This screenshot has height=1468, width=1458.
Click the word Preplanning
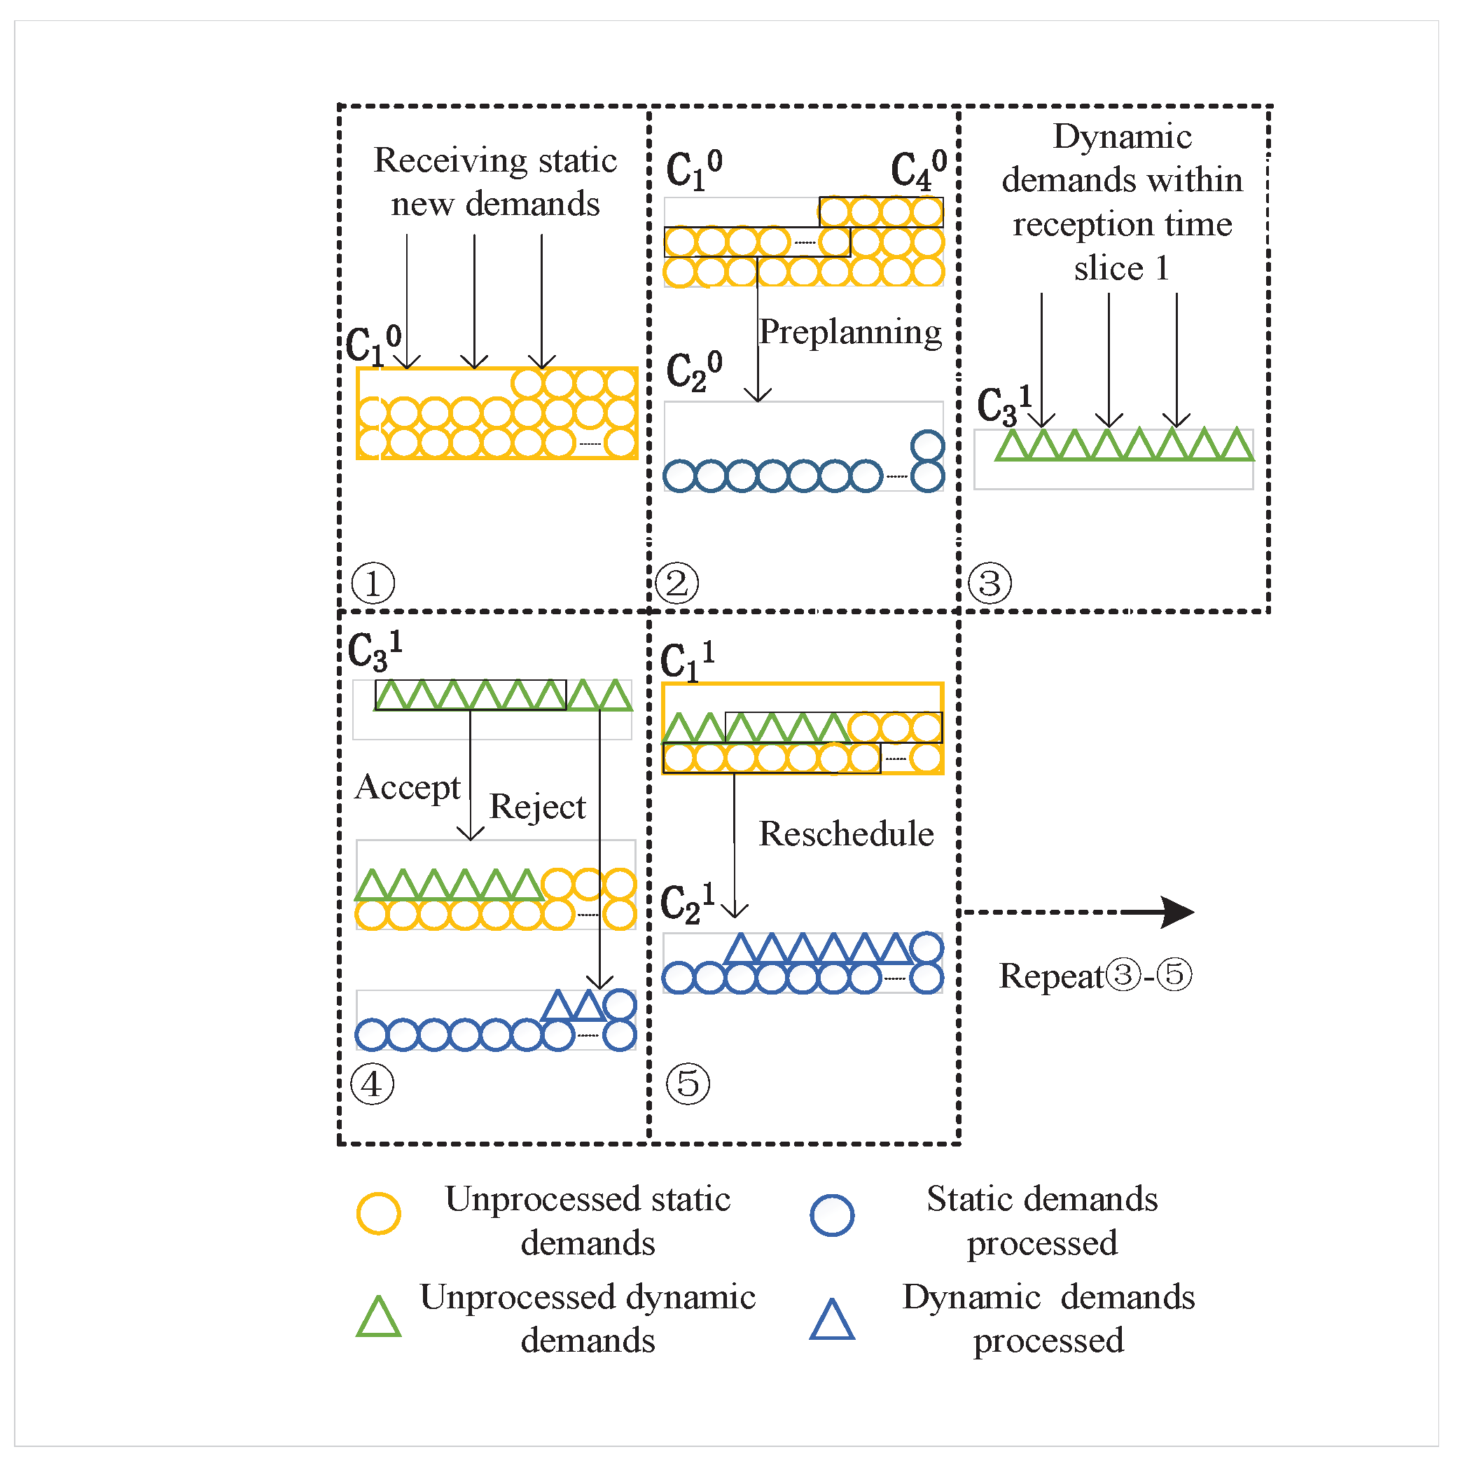(849, 332)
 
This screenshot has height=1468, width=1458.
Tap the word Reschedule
(846, 834)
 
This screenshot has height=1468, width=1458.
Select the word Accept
(408, 788)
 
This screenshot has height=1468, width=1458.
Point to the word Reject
(537, 807)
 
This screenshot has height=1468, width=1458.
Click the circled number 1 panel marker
(373, 583)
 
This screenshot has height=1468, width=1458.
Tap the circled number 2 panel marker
(676, 583)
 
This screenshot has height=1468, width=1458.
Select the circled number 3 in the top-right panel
(990, 583)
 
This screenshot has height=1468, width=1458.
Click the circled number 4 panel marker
(373, 1083)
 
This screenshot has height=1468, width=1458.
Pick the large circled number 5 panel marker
(688, 1083)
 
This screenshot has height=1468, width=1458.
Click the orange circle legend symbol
(378, 1214)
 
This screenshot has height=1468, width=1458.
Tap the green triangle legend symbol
(378, 1318)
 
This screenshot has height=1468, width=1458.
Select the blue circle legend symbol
(832, 1215)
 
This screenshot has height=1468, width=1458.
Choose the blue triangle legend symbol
(832, 1320)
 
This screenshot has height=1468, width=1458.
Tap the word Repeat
(1050, 976)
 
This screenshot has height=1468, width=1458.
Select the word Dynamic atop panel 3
(1122, 137)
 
